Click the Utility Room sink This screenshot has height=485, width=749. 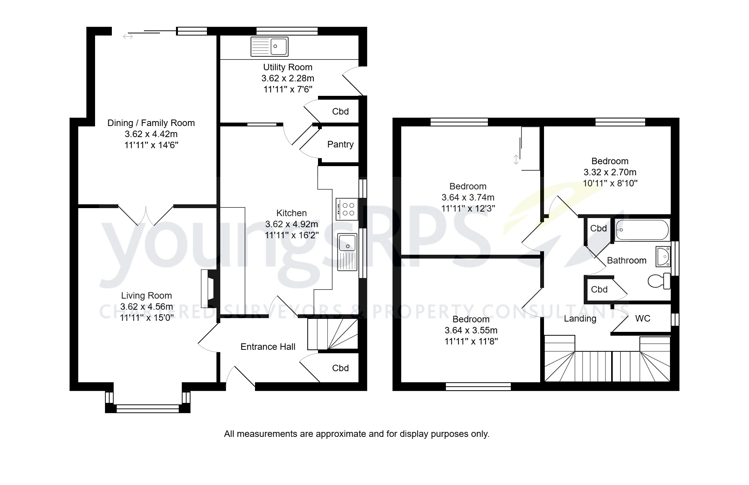[x=269, y=47]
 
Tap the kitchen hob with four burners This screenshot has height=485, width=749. [x=347, y=209]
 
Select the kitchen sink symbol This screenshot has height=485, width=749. [x=347, y=252]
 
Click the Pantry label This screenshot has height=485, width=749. [x=340, y=144]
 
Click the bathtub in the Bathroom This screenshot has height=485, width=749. [x=642, y=230]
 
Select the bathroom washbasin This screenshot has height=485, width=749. [x=663, y=256]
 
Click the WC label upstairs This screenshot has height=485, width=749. [x=642, y=318]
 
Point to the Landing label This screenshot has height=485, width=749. [x=580, y=318]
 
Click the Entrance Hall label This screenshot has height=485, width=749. [x=268, y=347]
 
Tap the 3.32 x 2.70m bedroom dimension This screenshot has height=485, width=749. [x=610, y=172]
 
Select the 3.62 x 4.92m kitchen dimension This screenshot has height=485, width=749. [x=291, y=224]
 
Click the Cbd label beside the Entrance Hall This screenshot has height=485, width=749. [x=340, y=368]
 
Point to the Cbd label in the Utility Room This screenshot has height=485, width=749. [x=340, y=112]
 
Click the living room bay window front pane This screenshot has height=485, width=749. [x=147, y=409]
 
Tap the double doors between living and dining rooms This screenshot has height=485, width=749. [x=146, y=215]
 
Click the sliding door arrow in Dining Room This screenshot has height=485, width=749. [x=128, y=36]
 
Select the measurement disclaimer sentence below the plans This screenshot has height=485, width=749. [x=357, y=434]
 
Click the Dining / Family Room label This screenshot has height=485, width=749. [x=151, y=123]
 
